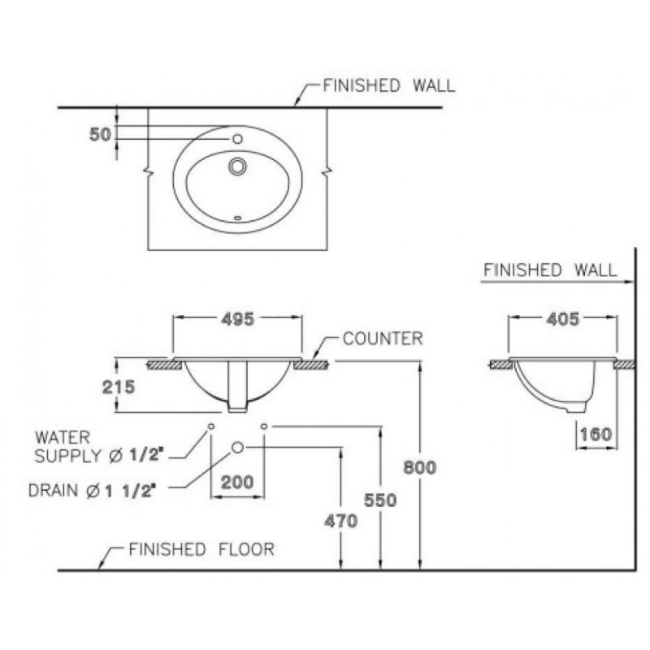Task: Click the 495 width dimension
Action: click(237, 319)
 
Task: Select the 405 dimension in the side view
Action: click(563, 319)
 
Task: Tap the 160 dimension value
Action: click(596, 435)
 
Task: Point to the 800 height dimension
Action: click(421, 467)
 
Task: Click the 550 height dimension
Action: click(380, 501)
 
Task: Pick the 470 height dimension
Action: click(340, 522)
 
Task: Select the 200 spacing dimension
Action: click(237, 482)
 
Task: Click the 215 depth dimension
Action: click(118, 387)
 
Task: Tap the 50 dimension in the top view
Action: click(100, 134)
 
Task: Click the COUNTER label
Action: click(382, 339)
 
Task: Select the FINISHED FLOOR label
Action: click(201, 550)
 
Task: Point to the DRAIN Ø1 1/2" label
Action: click(102, 490)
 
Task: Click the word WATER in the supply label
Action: click(62, 437)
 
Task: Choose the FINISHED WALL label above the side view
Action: click(550, 270)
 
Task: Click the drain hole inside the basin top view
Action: click(237, 166)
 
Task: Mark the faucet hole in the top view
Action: click(236, 138)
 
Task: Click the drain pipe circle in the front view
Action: click(238, 447)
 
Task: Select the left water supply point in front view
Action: click(210, 426)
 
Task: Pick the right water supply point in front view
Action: click(264, 426)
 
